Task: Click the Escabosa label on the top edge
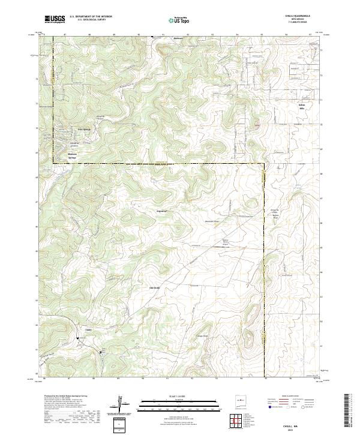[177, 38]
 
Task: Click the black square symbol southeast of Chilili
[101, 353]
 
